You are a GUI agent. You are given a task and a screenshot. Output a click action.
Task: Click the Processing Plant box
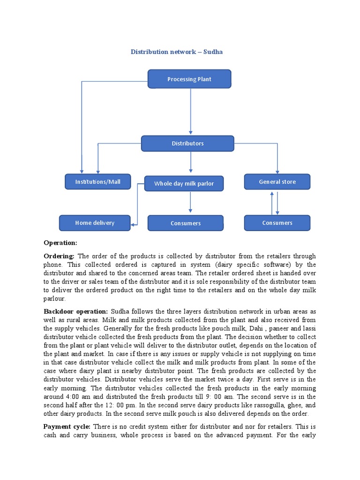tap(189, 79)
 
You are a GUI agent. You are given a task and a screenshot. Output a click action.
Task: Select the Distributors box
tap(187, 143)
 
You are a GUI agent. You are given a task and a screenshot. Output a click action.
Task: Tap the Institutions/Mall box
tap(98, 182)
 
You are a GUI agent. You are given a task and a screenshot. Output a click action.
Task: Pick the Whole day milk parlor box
tap(184, 184)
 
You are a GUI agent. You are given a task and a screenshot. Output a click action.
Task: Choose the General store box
tap(277, 182)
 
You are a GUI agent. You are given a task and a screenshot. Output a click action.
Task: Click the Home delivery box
tap(95, 223)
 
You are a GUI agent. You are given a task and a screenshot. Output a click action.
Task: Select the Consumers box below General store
tap(277, 223)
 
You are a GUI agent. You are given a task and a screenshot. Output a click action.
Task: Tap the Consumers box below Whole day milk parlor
tap(186, 224)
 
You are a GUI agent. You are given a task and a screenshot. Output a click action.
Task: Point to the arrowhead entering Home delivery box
tap(134, 225)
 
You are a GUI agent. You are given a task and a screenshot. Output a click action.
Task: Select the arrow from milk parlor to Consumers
tap(190, 202)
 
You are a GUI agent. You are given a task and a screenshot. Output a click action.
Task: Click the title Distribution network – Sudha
tap(176, 52)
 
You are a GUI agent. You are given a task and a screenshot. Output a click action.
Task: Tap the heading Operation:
tap(60, 243)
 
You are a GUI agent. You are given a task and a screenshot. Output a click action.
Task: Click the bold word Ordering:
tap(59, 256)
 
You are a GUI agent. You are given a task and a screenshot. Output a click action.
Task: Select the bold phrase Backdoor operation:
tap(76, 312)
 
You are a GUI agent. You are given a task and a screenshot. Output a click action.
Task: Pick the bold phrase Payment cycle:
tap(68, 427)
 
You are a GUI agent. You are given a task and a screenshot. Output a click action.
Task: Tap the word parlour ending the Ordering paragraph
tap(54, 299)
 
